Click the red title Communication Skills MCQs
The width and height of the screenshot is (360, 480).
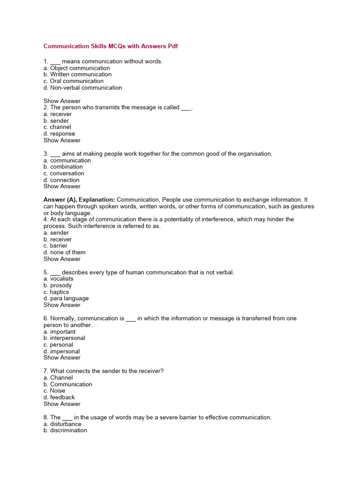coord(111,46)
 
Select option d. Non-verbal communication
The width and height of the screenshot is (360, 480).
coord(82,88)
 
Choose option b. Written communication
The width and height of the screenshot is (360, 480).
coord(77,75)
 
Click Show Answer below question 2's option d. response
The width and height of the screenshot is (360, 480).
coord(62,140)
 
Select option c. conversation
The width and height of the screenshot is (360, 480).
coord(64,173)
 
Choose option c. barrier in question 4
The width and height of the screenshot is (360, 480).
coord(55,246)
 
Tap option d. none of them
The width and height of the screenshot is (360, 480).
coord(64,252)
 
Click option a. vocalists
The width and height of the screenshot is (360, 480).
coord(59,279)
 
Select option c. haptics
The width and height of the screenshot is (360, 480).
coord(56,292)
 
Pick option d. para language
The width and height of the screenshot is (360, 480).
coord(66,299)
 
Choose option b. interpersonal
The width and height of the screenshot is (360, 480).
coord(64,338)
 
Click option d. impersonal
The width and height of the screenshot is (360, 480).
coord(61,352)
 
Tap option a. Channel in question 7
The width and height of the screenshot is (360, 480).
coord(58,378)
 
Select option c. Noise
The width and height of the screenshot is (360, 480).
coord(54,391)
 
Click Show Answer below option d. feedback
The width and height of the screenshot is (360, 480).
coord(62,404)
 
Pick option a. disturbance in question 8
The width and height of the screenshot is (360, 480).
coord(62,424)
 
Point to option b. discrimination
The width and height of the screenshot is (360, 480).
coord(65,430)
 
